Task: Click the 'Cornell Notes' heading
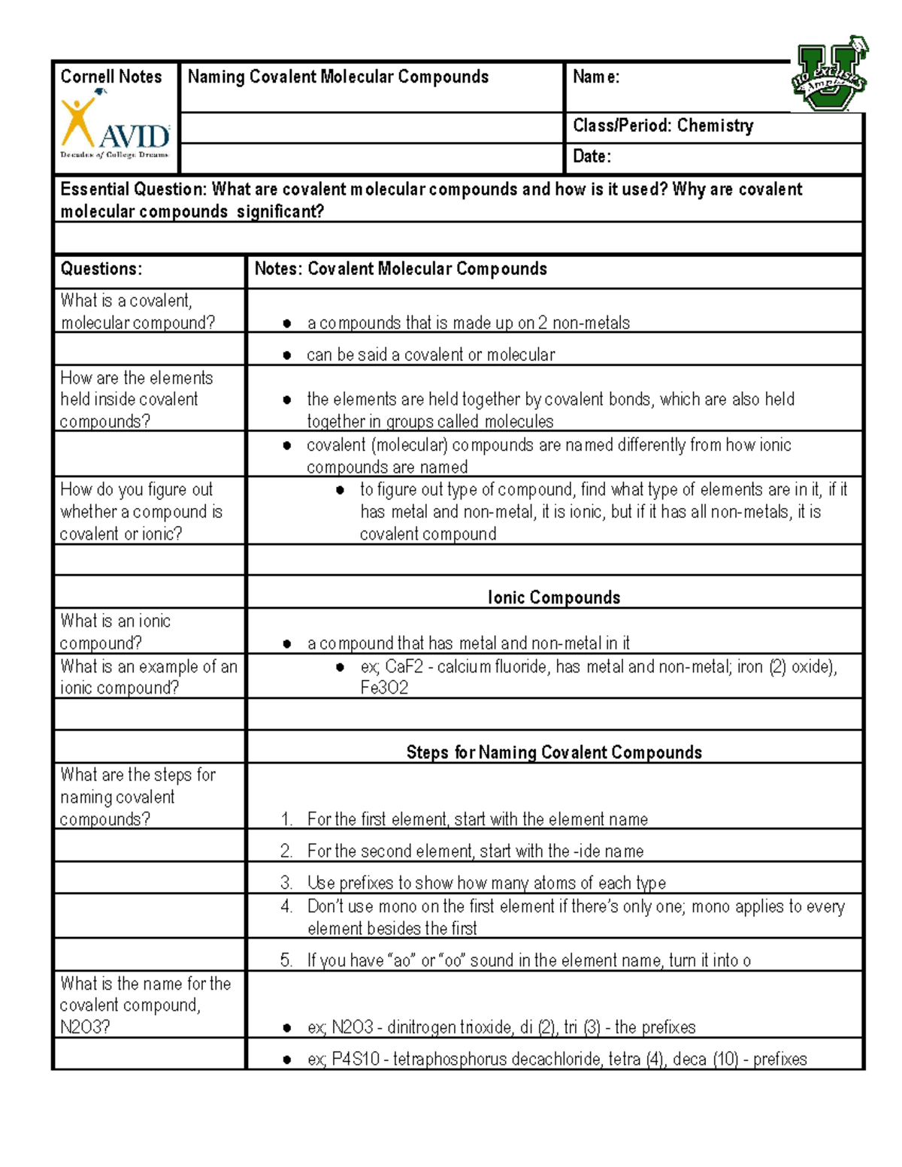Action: (110, 77)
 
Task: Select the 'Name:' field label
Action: (596, 77)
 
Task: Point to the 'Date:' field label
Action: (592, 156)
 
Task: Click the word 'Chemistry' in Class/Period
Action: (715, 125)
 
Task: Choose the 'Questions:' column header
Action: (101, 269)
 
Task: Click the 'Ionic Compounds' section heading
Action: (554, 597)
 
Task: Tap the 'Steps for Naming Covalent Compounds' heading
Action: (554, 752)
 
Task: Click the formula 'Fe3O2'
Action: (384, 688)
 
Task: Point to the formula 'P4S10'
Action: (356, 1059)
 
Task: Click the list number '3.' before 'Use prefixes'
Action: (286, 882)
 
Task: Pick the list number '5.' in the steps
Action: (286, 960)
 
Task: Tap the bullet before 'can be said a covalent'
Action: (287, 355)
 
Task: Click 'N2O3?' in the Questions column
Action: (85, 1027)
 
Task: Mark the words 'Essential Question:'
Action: (133, 189)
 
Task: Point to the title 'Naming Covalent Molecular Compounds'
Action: (338, 77)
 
